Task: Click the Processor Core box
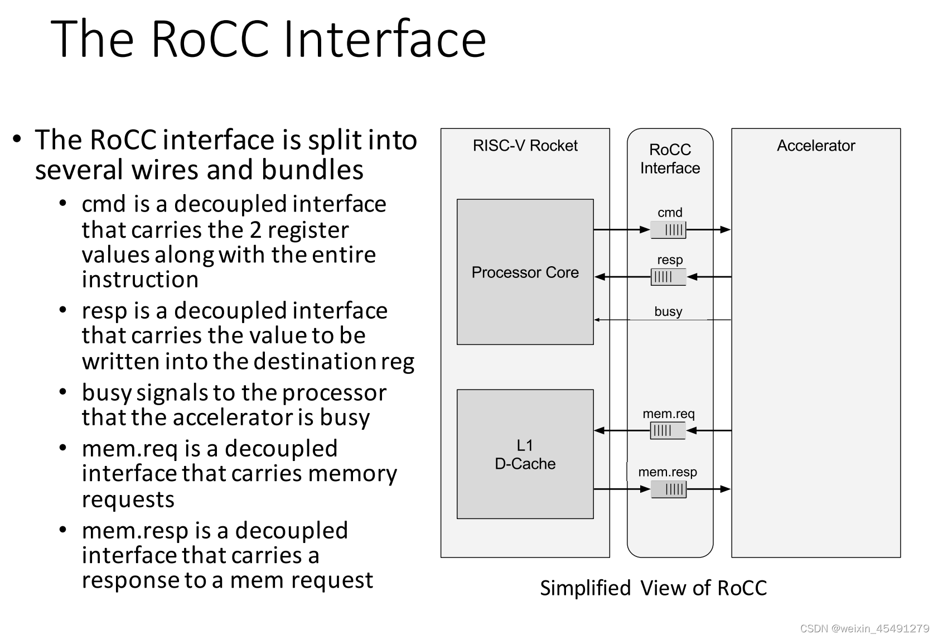click(x=525, y=272)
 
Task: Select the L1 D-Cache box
click(x=525, y=454)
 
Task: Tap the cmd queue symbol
click(x=668, y=230)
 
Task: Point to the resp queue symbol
click(x=668, y=277)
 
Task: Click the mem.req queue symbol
click(x=668, y=430)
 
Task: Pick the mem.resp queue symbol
click(x=669, y=489)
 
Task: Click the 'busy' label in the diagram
click(x=668, y=311)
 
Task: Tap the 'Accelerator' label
click(x=816, y=146)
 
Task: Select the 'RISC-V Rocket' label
click(x=525, y=146)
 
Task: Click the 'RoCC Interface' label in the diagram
click(x=670, y=159)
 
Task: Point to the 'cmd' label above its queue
click(x=670, y=213)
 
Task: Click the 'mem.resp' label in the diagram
click(x=668, y=472)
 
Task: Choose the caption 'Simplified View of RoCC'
click(x=653, y=588)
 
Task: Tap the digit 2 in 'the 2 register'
click(x=255, y=230)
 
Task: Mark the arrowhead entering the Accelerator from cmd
click(x=726, y=229)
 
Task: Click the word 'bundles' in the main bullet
click(x=312, y=170)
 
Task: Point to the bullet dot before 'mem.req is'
click(x=63, y=448)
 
